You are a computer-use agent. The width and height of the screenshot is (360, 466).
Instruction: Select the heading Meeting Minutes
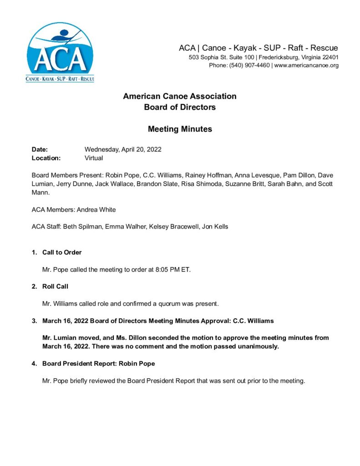[x=180, y=129]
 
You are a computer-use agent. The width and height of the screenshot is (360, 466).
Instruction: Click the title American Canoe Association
[x=180, y=96]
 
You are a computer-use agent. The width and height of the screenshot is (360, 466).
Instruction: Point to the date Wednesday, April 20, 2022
[x=123, y=149]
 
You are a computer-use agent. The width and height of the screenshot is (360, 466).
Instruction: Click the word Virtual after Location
[x=94, y=158]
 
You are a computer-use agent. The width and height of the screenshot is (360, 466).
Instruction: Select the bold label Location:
[x=46, y=158]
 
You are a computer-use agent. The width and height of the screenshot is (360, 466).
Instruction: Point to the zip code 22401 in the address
[x=329, y=57]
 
